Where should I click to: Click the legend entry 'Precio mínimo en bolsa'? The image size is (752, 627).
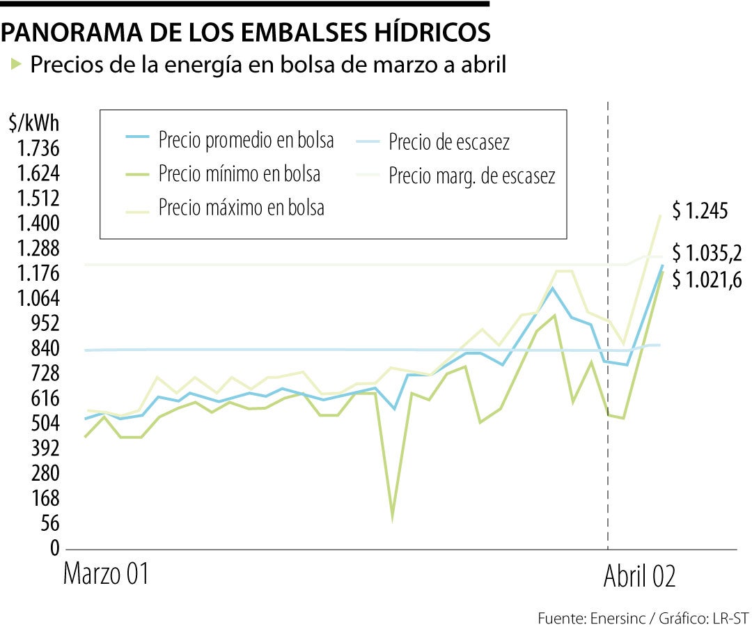pos(239,173)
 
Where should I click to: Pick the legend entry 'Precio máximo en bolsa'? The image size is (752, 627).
pos(241,208)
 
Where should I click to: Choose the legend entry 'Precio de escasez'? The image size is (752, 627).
pos(449,142)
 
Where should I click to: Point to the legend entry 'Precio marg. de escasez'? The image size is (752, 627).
pos(471,176)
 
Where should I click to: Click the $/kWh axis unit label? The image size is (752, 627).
pos(34,124)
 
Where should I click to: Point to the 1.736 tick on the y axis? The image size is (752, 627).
pos(34,149)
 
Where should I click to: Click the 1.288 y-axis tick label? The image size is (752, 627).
pos(34,249)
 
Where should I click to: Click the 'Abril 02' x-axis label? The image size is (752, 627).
pos(639,576)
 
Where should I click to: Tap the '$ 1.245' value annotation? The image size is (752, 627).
pos(700,210)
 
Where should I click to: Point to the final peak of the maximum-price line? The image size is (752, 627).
pos(659,215)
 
